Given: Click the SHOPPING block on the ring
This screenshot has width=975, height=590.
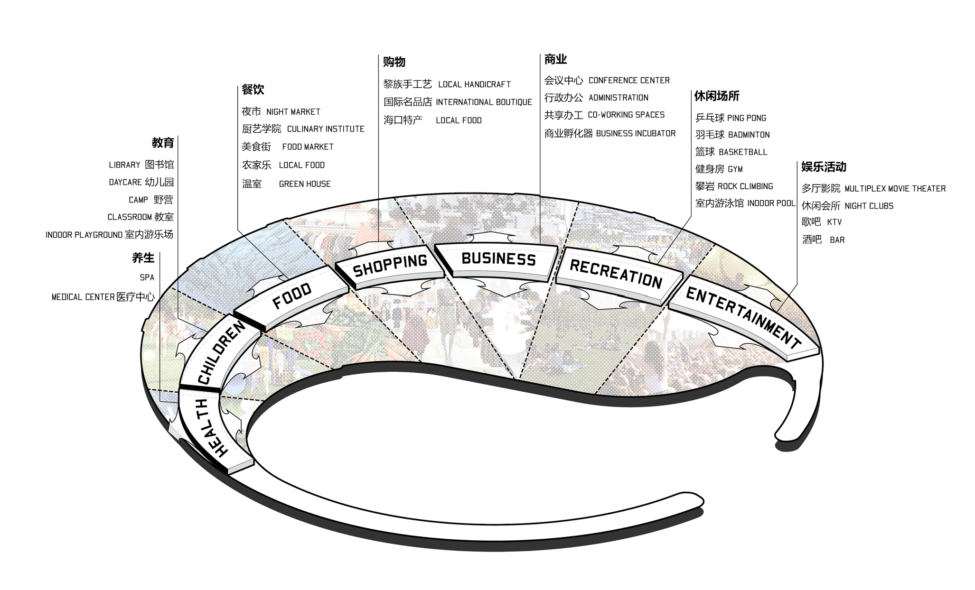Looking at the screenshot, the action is click(390, 265).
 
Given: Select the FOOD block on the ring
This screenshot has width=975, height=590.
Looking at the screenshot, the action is click(291, 295).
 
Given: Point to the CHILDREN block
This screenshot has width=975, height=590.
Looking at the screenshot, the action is click(221, 352).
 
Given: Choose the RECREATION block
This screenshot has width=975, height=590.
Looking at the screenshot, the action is click(616, 274).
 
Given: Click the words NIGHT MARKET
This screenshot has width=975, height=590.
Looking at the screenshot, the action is click(293, 112).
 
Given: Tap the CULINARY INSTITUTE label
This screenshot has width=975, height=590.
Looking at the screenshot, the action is click(326, 129).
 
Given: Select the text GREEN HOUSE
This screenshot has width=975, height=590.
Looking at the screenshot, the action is click(305, 184).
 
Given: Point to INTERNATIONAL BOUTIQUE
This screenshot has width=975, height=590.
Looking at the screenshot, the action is click(484, 102).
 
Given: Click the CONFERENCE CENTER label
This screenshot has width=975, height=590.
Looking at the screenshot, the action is click(629, 81).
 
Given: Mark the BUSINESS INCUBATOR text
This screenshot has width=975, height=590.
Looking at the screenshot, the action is click(636, 134).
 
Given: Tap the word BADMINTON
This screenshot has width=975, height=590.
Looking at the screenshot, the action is click(749, 135).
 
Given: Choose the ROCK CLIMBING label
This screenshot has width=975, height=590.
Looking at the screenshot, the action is click(745, 186).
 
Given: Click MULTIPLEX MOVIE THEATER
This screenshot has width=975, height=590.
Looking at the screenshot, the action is click(895, 189).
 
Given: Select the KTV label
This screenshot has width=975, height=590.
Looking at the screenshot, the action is click(834, 222).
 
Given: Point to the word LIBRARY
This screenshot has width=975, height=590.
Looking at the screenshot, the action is click(124, 165).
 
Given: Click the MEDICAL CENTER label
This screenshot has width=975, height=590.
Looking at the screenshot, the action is click(83, 297).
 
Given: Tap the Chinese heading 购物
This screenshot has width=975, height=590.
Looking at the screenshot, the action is click(394, 62).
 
